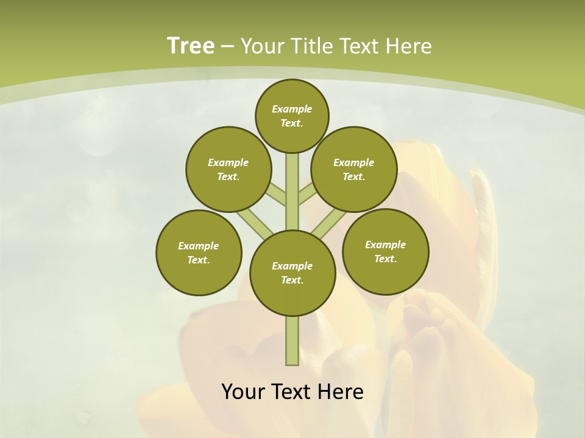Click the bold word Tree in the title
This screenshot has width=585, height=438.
point(191,46)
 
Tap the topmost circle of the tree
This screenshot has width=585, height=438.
point(292,116)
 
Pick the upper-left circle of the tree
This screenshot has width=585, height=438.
point(228,169)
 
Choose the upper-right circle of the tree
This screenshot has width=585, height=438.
point(354,169)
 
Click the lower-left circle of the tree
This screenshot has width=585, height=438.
point(199,252)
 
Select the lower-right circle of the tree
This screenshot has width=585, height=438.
point(386,251)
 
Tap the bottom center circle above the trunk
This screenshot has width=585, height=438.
point(292,273)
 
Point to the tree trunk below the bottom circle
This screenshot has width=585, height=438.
point(292,341)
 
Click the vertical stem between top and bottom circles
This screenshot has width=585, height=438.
point(292,192)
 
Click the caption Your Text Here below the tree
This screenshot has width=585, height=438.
point(292,392)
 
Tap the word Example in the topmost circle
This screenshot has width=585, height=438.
point(292,109)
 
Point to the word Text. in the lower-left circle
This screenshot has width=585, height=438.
point(199,260)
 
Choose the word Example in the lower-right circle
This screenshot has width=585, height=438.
point(385,245)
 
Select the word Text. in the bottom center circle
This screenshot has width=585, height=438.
point(292,280)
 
